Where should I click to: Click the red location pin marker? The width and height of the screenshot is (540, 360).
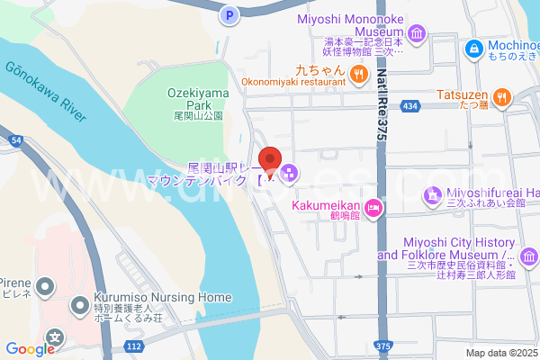tap(269, 163)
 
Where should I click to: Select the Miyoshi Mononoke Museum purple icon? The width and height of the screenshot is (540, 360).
tap(417, 35)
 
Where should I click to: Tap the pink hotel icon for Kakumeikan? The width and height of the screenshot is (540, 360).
tap(373, 209)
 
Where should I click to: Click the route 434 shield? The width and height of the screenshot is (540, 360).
tap(410, 106)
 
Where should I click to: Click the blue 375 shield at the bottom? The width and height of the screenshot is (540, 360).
tap(384, 346)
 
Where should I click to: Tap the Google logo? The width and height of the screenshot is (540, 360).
tap(29, 348)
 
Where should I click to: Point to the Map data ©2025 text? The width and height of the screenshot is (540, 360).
tap(500, 353)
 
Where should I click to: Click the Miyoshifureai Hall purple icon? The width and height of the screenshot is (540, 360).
tap(433, 193)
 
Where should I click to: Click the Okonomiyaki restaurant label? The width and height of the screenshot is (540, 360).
tap(293, 82)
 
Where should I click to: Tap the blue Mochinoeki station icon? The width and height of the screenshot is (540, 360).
tap(472, 47)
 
